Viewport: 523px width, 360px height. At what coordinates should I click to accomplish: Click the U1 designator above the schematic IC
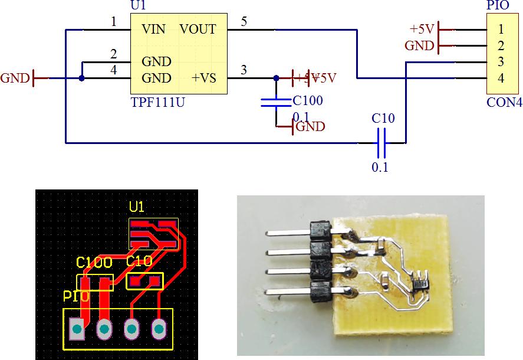click(x=137, y=6)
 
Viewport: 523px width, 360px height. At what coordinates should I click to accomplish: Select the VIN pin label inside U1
click(x=153, y=29)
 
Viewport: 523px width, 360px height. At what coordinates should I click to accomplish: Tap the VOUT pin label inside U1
click(x=198, y=29)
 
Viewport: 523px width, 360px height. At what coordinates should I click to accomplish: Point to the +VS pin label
click(x=204, y=78)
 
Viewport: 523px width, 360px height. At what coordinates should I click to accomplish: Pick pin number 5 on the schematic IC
click(x=244, y=22)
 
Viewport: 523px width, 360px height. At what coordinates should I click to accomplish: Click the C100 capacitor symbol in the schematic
click(x=276, y=103)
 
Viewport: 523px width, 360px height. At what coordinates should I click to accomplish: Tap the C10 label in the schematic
click(x=383, y=119)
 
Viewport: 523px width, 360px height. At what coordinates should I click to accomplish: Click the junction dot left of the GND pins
click(x=82, y=77)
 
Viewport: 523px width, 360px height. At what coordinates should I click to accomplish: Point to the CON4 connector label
click(x=504, y=102)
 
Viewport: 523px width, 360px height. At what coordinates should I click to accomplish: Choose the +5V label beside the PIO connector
click(x=422, y=29)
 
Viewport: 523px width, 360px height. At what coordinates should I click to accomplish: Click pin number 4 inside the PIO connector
click(x=501, y=77)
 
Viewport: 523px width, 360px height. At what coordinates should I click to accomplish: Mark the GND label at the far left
click(x=15, y=78)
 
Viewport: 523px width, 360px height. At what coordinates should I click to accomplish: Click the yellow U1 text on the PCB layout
click(x=137, y=207)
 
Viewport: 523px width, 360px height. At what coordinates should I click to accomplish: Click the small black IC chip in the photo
click(x=420, y=278)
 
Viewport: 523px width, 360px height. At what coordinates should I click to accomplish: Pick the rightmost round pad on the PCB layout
click(x=159, y=328)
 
